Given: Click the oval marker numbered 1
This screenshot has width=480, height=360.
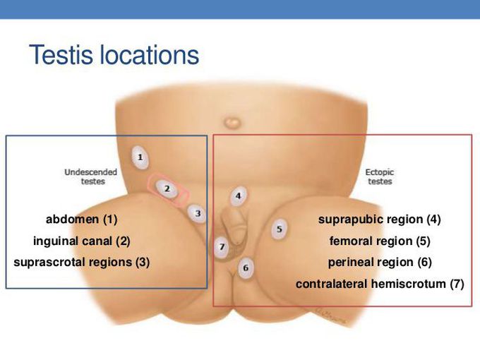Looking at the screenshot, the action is coord(140,157).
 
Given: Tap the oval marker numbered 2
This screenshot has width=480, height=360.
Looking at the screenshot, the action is coord(167,188).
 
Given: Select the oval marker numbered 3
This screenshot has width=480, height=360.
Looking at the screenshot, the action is coord(197,213).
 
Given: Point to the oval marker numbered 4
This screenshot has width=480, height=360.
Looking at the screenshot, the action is coord(239,196).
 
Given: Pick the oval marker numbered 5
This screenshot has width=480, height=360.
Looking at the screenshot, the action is coord(280,229).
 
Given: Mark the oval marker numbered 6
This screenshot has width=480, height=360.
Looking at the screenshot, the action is coord(246,268).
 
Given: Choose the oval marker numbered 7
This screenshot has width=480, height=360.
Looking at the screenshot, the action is coord(222,247).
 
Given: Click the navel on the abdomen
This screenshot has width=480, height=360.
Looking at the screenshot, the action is coord(232,123).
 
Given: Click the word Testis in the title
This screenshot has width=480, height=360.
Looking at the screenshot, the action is coord(61,55).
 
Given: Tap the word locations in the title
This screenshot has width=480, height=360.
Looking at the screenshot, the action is coord(150,55).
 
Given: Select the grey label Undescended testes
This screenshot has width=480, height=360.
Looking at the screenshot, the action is coord(91,176).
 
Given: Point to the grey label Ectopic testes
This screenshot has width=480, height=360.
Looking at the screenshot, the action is coord(380,176).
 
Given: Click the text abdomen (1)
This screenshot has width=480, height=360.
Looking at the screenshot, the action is coord(81,220).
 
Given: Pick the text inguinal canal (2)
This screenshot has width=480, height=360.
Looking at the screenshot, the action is coord(82,241).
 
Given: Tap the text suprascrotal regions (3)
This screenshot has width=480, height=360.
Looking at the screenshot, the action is coord(81,263).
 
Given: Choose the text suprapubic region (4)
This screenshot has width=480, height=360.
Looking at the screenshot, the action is coord(379,220).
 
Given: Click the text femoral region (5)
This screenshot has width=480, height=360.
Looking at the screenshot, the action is coord(380,241).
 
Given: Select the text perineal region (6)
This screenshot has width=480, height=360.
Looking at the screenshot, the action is coord(380,263).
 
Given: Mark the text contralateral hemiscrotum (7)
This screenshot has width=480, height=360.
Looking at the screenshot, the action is coord(380,284).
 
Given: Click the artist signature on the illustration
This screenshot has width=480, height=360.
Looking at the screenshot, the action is coord(330,316).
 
